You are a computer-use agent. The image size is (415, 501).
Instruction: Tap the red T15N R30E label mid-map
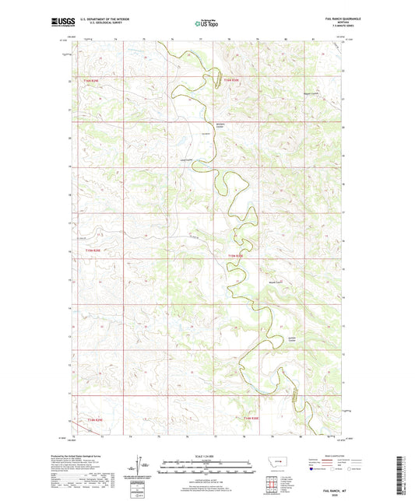(x=236, y=254)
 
